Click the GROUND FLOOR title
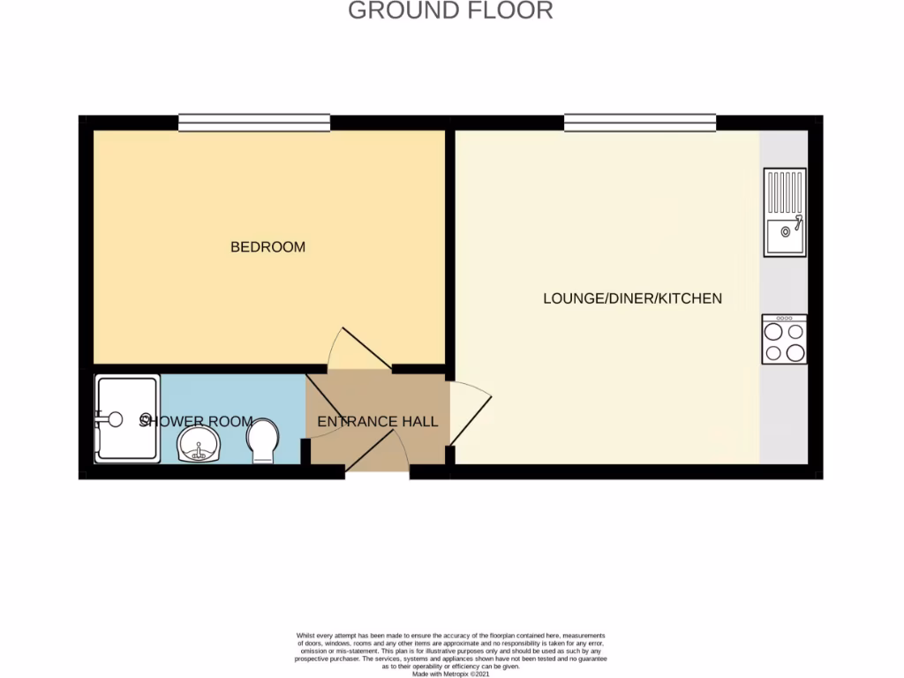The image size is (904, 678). point(450,11)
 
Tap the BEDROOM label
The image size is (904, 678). point(267,247)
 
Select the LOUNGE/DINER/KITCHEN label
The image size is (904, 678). point(632,298)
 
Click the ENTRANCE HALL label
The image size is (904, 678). point(377,422)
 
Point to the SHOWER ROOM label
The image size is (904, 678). point(196,422)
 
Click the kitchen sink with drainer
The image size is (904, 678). point(784,212)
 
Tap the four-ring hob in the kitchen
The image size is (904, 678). point(784,340)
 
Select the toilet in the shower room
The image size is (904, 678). point(263,441)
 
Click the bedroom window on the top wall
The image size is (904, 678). point(254,124)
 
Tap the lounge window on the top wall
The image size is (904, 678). point(640,124)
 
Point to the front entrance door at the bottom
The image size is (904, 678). point(377,455)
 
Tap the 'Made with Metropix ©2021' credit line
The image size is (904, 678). point(451,674)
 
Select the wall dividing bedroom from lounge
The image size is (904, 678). point(450,247)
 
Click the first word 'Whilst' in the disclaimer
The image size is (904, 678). point(305,636)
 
